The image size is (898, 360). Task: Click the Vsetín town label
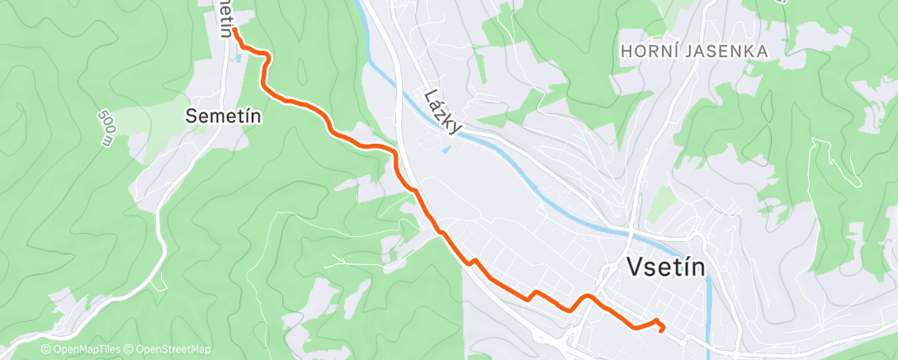[666, 267]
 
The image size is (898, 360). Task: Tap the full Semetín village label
[224, 116]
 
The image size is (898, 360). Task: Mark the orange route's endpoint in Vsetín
[662, 329]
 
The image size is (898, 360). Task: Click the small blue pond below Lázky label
[447, 149]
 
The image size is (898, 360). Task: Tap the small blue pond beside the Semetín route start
[239, 58]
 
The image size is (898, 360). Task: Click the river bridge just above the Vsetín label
[631, 233]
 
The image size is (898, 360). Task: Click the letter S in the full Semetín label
[191, 116]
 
